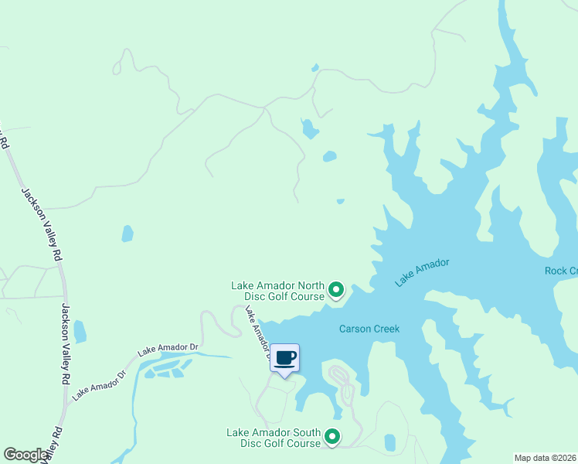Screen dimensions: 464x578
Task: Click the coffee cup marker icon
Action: pyautogui.click(x=284, y=357)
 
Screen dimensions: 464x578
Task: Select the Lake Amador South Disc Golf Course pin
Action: pyautogui.click(x=332, y=438)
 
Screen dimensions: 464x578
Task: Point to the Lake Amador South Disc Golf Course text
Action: pyautogui.click(x=274, y=438)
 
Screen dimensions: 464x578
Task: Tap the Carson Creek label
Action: pyautogui.click(x=369, y=329)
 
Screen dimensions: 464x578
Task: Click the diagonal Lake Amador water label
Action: pyautogui.click(x=422, y=273)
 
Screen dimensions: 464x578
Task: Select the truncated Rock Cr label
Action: pyautogui.click(x=561, y=271)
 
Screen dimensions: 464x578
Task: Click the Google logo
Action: pyautogui.click(x=26, y=455)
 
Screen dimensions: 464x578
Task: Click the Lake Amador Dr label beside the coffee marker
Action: pyautogui.click(x=257, y=332)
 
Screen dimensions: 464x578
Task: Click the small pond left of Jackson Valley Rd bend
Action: pyautogui.click(x=80, y=332)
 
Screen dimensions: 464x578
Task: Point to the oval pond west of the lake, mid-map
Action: pyautogui.click(x=127, y=234)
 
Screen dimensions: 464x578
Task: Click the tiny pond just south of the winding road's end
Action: pyautogui.click(x=340, y=202)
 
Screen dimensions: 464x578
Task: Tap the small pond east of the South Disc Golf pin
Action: pyautogui.click(x=390, y=442)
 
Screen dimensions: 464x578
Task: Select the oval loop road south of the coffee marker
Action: pyautogui.click(x=343, y=384)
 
